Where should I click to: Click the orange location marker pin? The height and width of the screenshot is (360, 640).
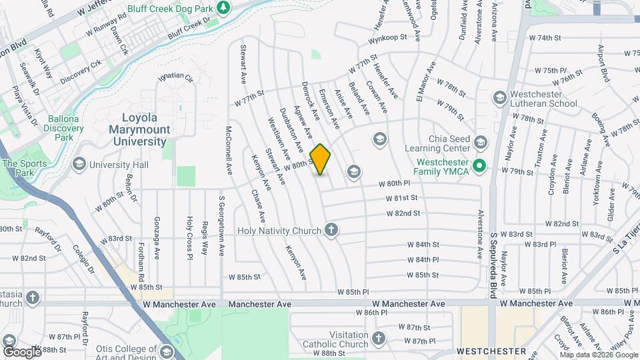[321, 159]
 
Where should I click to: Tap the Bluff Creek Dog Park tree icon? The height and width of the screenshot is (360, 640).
[225, 7]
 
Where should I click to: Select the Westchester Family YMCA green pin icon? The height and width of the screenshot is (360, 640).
[478, 165]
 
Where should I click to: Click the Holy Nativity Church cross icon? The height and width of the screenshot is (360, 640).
[330, 231]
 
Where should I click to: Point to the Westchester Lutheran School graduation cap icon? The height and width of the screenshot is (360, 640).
[499, 99]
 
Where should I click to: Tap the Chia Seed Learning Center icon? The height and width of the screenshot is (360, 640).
[481, 142]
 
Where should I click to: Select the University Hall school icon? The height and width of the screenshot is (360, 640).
[79, 164]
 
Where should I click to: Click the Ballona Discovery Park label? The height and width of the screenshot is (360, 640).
[65, 128]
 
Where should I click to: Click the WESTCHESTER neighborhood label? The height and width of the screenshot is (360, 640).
[491, 351]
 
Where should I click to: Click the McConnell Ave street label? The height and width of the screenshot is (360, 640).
[229, 150]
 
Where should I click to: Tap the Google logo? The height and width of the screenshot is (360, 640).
[21, 351]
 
